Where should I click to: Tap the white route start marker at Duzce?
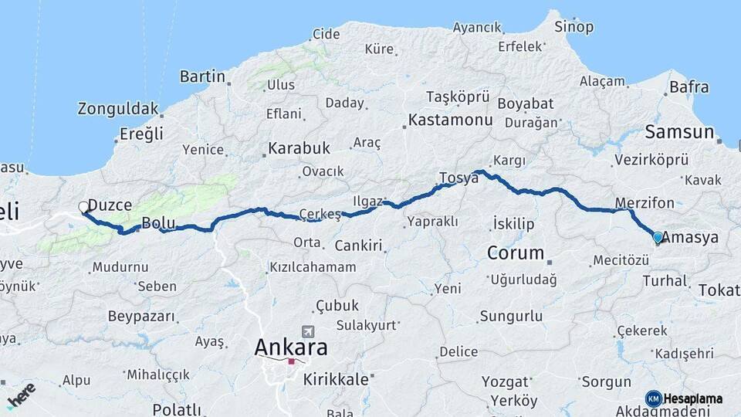(x=83, y=206)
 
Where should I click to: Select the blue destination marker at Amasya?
(x=658, y=238)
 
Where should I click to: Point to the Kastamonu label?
(x=450, y=120)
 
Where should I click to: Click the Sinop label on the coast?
(x=574, y=27)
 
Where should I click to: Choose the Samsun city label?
(x=679, y=132)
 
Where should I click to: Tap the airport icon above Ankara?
(x=309, y=331)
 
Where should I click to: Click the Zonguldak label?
(x=118, y=109)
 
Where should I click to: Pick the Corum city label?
(x=516, y=253)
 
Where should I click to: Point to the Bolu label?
(x=158, y=225)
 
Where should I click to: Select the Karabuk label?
(x=299, y=147)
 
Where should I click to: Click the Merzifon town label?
(x=645, y=204)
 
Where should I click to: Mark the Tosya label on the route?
(x=458, y=178)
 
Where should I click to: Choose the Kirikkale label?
(x=337, y=379)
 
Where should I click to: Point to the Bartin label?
(x=202, y=76)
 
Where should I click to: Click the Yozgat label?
(x=506, y=381)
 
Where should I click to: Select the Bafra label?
(x=689, y=87)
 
